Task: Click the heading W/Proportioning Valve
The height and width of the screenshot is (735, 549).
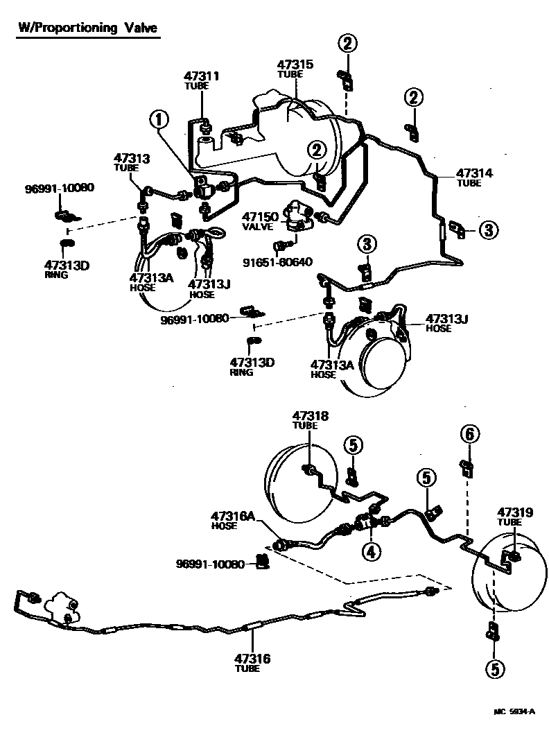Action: (87, 28)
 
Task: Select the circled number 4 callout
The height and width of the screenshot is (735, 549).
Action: (371, 552)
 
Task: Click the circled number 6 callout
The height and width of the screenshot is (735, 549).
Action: (470, 435)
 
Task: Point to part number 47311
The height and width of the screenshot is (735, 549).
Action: (202, 76)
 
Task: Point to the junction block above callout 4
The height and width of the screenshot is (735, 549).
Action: (367, 524)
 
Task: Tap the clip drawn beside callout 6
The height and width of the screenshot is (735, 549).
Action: (467, 467)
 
